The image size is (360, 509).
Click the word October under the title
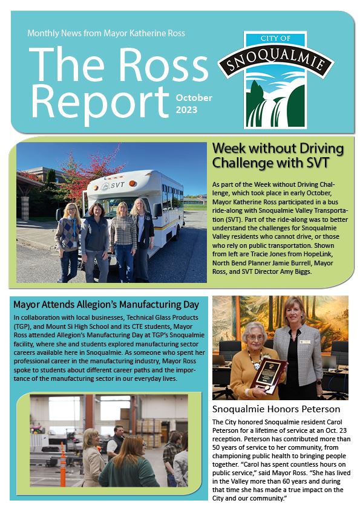pyautogui.click(x=194, y=97)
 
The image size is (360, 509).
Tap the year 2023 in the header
pyautogui.click(x=186, y=110)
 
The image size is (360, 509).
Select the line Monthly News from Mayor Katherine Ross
pyautogui.click(x=106, y=33)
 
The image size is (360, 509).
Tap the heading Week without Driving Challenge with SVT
pyautogui.click(x=278, y=156)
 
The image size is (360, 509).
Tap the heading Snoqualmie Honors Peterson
pyautogui.click(x=276, y=409)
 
